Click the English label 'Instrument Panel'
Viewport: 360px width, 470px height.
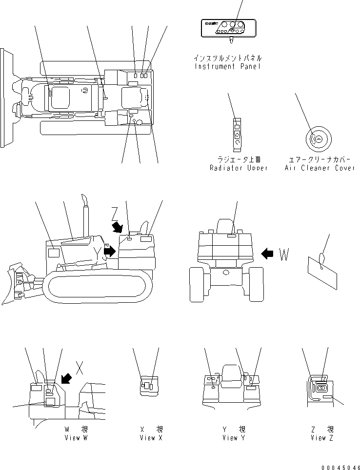(x=227, y=66)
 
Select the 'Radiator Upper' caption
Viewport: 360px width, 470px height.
(x=239, y=168)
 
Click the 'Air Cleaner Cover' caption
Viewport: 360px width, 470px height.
(x=320, y=168)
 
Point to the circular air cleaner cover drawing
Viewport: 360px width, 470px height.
(x=318, y=139)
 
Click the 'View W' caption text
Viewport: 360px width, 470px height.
(x=76, y=438)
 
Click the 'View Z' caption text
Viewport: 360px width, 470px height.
(x=322, y=438)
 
